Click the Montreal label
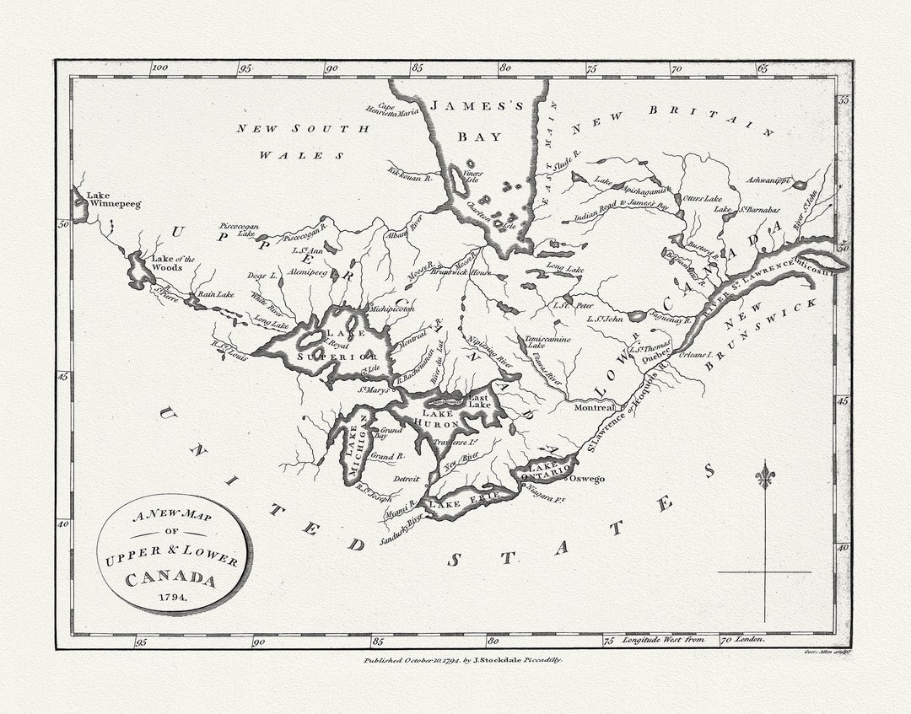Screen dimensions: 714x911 point(595,407)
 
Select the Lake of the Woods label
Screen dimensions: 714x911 point(173,263)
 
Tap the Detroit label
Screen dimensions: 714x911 point(407,479)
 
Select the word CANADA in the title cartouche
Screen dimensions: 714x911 point(171,579)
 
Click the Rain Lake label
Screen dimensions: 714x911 point(214,294)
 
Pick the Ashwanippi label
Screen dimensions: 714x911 point(768,180)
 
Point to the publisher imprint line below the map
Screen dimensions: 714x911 point(463,661)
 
